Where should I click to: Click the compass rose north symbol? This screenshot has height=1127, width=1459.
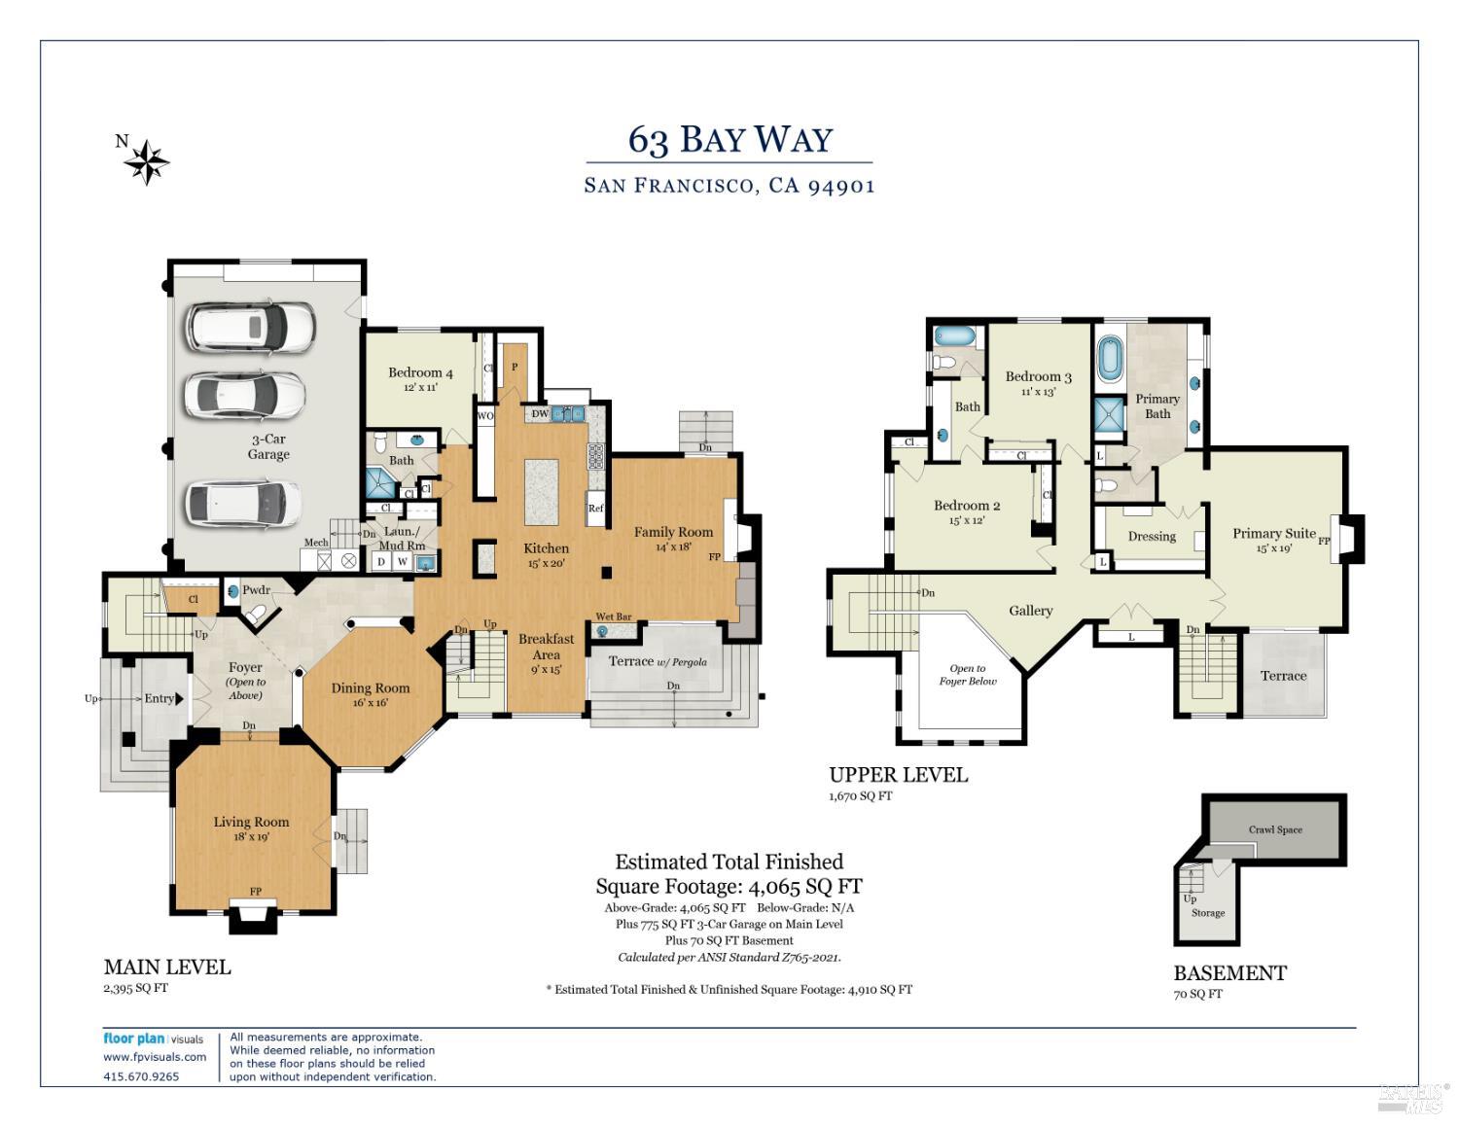[x=146, y=161]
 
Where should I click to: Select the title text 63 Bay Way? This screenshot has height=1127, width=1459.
[x=729, y=140]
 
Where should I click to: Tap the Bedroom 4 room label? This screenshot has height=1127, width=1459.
[x=420, y=372]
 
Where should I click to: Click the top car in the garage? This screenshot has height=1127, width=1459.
[x=251, y=327]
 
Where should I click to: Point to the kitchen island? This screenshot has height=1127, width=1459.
[x=542, y=492]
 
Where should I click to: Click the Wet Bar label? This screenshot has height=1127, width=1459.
[x=613, y=616]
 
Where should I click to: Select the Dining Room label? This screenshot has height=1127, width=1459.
[x=371, y=687]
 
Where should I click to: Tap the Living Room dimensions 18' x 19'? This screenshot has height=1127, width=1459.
[x=251, y=836]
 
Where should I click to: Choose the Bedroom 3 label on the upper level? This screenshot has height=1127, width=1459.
[x=1038, y=376]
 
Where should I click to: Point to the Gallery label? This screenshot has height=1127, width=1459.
[x=1030, y=611]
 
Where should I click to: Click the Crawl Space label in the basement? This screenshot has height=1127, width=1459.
[x=1275, y=829]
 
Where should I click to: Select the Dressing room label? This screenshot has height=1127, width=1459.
[x=1152, y=536]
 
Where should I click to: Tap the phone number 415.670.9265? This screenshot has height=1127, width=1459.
[x=141, y=1076]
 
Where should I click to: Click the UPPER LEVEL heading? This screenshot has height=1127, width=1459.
[x=898, y=775]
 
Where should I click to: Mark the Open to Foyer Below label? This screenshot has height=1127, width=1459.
[x=968, y=675]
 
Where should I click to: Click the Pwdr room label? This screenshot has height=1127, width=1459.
[x=256, y=590]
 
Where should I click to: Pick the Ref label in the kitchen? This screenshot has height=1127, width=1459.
[x=595, y=509]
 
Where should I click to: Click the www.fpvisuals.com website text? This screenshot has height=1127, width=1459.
[x=155, y=1057]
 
